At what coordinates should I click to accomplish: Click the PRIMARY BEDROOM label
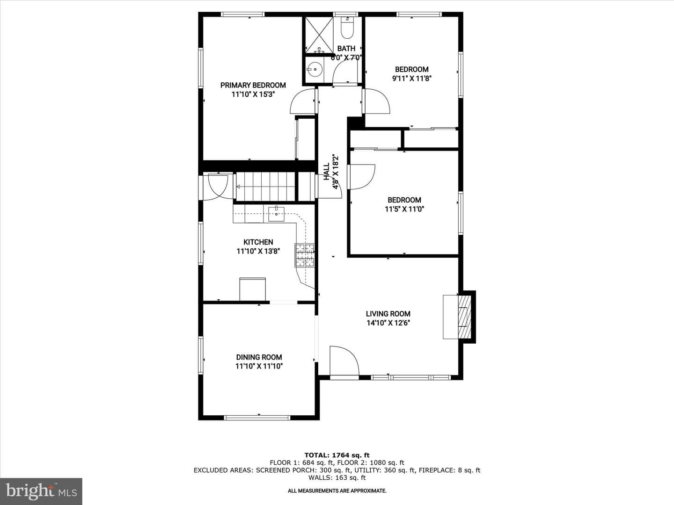coord(253,85)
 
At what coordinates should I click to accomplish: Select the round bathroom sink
coord(315,70)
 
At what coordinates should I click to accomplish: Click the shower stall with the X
coord(319,35)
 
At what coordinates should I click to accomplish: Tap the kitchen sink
coord(276,214)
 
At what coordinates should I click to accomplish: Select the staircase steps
coord(265,186)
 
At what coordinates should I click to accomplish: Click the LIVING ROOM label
coord(388,314)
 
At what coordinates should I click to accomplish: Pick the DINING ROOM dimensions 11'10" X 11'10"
coord(259,366)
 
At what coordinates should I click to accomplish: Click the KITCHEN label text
coord(258,242)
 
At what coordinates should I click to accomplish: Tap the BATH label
coord(346,49)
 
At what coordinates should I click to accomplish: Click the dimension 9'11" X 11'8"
coord(412,78)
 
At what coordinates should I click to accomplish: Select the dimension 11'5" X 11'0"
coord(404,209)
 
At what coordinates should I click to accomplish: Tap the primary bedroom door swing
coord(302,101)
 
